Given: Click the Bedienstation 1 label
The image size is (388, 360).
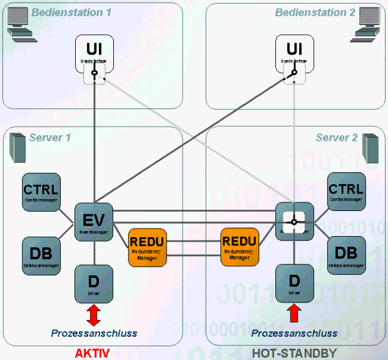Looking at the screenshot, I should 71,13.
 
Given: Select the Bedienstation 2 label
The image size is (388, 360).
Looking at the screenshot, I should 310,13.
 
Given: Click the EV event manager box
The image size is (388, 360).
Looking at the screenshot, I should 94,222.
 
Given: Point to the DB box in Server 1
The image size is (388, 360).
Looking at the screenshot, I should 41,256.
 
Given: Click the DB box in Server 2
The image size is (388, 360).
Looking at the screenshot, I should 346,256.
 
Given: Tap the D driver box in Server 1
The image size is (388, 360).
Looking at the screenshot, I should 94,284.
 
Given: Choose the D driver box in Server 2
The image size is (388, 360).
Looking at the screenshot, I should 294,284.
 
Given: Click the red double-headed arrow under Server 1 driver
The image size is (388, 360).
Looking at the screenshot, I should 93,314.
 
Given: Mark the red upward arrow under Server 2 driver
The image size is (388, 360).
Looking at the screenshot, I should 294,314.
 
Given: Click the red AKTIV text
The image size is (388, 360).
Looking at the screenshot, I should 92,353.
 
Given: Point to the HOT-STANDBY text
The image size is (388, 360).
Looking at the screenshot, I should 294,353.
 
